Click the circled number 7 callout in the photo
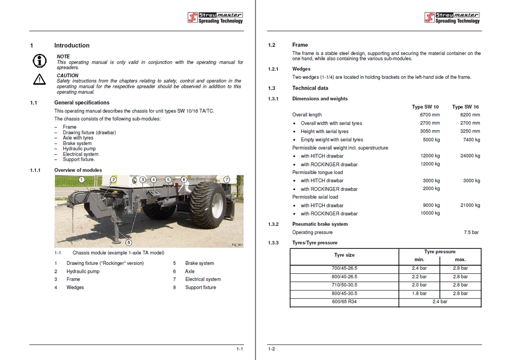coord(227,180)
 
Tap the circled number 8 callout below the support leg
coord(129,243)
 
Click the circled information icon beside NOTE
coord(39,61)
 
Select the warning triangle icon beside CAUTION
coord(39,79)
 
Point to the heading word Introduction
coord(72,45)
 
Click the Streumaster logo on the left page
coord(215,18)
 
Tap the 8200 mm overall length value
coord(470,115)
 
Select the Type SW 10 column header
coord(425,107)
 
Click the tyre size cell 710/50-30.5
coord(344,285)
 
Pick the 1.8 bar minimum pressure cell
coord(419,294)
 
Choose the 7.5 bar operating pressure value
coord(471,232)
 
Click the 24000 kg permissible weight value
coord(470,156)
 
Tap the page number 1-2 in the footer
coord(271,349)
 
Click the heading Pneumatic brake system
coord(320,224)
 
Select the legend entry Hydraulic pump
coord(83,271)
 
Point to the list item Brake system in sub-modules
coord(77,144)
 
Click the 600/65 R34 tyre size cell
coord(344,302)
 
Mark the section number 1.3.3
coord(273,243)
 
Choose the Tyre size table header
coord(344,255)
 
